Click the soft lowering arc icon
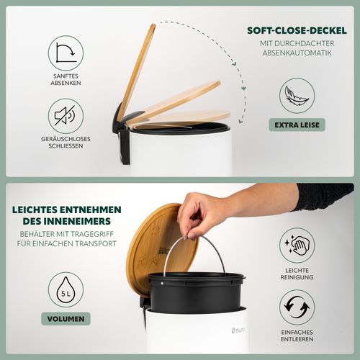pos(66,53)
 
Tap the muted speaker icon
pos(66,116)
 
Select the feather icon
pos(297,96)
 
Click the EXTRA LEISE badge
pos(297,125)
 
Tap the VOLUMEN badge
pos(66,319)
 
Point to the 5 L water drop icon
pos(66,289)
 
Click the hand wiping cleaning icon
pos(297,246)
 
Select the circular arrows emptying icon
pos(297,307)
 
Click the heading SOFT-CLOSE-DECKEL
pos(297,30)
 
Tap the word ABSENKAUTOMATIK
pos(297,53)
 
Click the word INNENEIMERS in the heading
pos(80,221)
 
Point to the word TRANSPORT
pos(96,243)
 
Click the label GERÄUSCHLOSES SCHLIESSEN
pos(66,143)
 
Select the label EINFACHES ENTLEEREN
pos(297,336)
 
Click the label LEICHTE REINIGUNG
pos(297,274)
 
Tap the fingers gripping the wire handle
pos(189,234)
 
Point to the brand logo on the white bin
pos(238,330)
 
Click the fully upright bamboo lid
pos(136,71)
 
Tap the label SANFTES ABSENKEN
pos(66,79)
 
